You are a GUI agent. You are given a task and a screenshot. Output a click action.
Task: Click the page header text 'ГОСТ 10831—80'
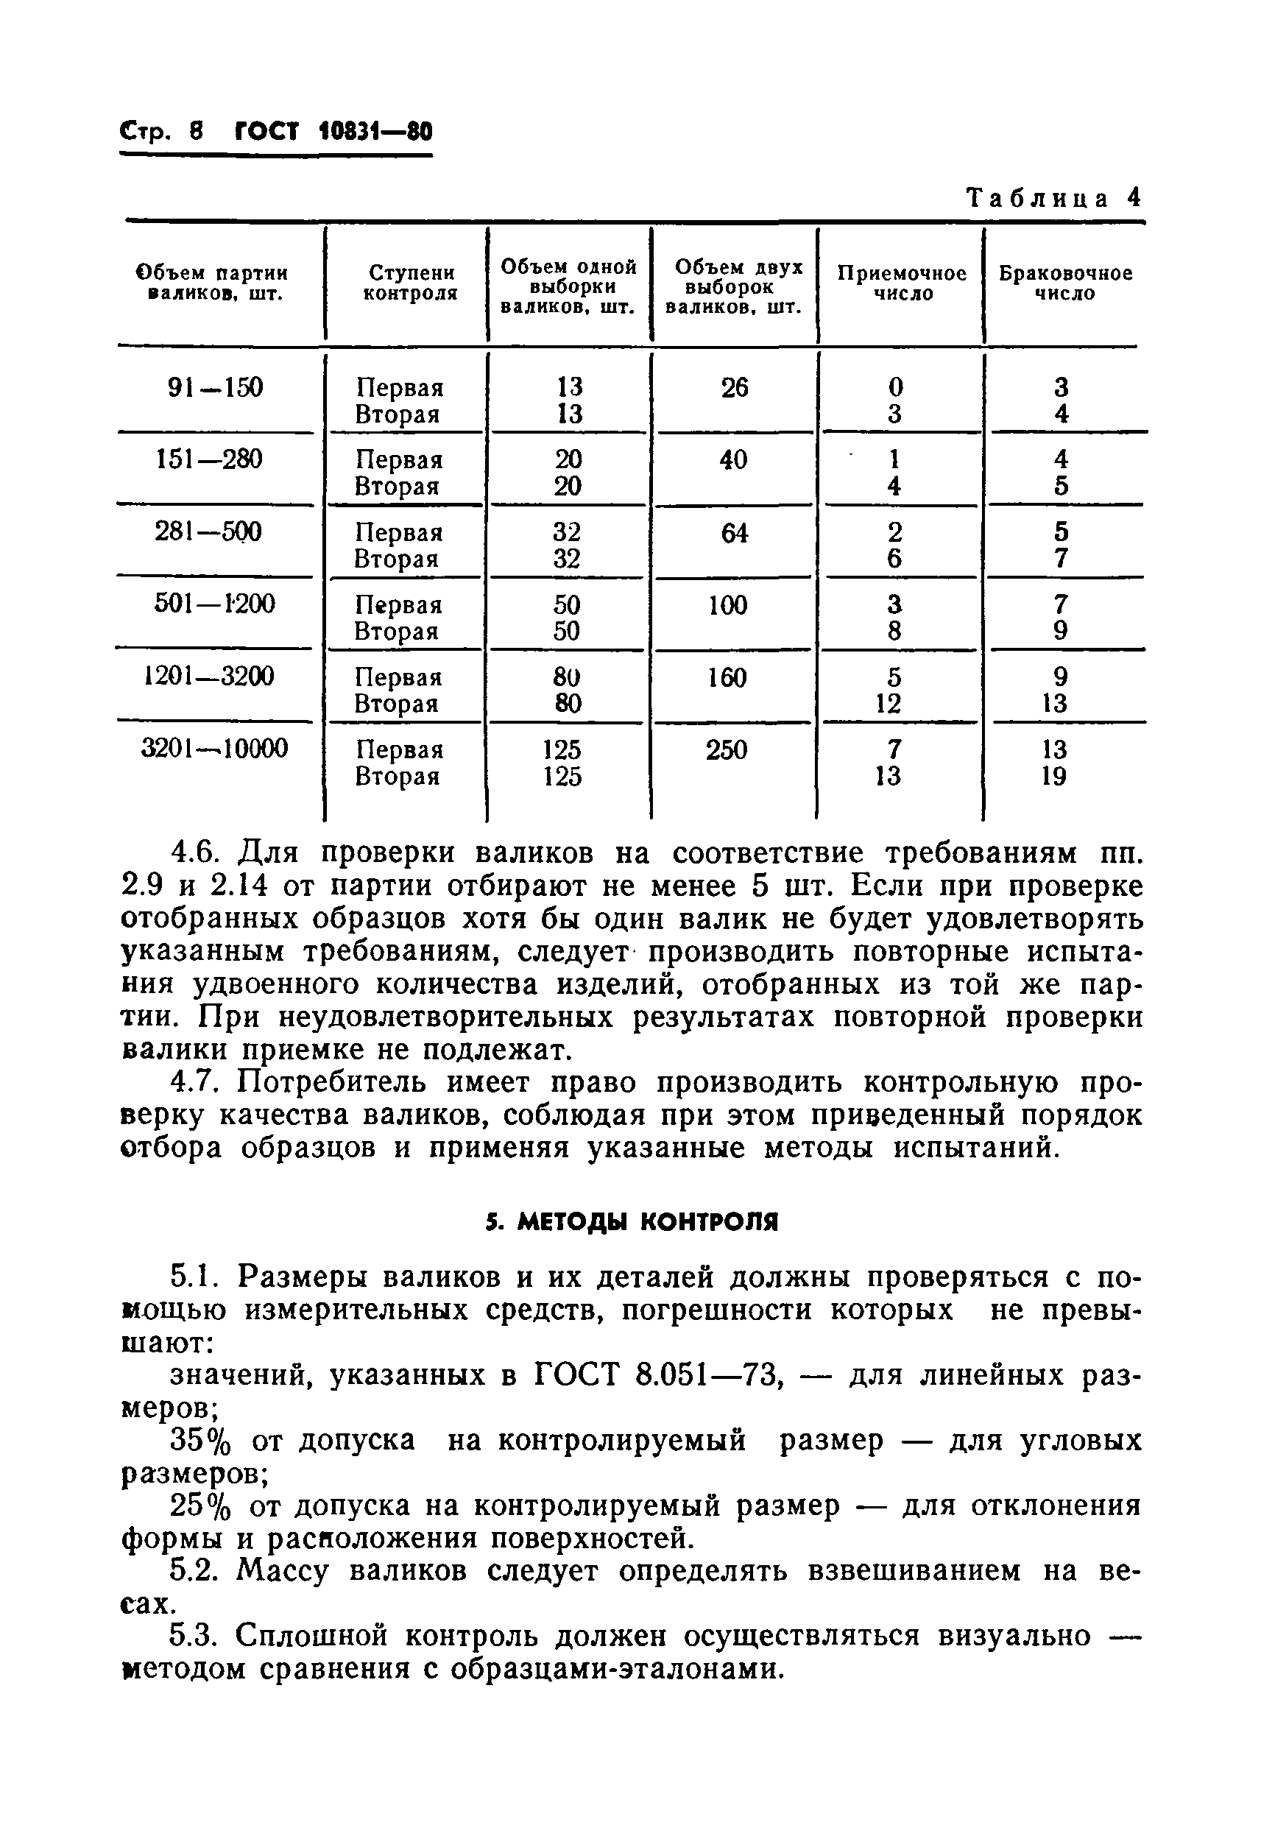pyautogui.click(x=334, y=131)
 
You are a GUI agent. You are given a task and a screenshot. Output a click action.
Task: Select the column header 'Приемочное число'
pyautogui.click(x=902, y=283)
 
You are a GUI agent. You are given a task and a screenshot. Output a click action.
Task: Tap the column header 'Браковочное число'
pyautogui.click(x=1065, y=283)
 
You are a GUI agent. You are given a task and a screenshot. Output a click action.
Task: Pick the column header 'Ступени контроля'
pyautogui.click(x=411, y=283)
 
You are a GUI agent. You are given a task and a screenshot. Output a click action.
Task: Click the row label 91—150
pyautogui.click(x=215, y=388)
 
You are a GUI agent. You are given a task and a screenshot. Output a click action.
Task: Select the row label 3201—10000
pyautogui.click(x=215, y=748)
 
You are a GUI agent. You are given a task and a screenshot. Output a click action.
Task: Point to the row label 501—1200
pyautogui.click(x=215, y=604)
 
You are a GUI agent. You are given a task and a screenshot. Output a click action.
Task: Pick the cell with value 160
pyautogui.click(x=726, y=678)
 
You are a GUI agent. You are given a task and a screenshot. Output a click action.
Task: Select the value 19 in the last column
pyautogui.click(x=1054, y=777)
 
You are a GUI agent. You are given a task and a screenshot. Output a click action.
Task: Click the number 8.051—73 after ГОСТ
pyautogui.click(x=709, y=1375)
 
